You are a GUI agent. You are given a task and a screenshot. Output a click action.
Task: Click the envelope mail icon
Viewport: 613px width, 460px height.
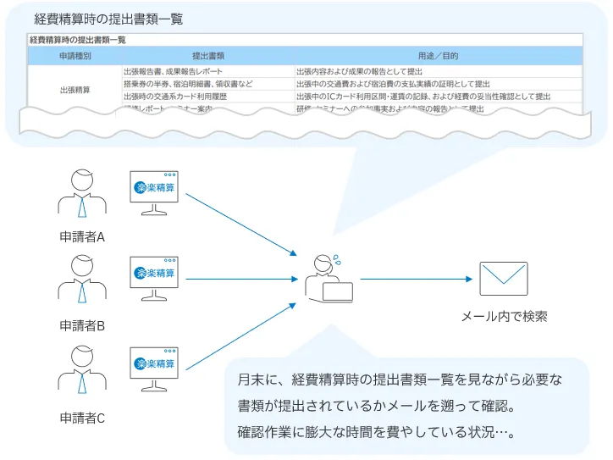tap(504, 278)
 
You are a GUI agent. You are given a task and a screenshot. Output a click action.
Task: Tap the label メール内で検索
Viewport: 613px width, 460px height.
tap(504, 317)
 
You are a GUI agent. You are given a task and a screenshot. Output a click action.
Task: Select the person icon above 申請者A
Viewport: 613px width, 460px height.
tap(82, 195)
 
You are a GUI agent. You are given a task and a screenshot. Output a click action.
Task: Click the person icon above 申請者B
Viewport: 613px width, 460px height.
tap(82, 280)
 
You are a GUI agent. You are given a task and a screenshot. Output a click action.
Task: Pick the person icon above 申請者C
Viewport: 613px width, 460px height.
tap(82, 371)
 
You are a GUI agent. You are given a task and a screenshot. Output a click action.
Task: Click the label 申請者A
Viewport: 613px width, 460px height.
tap(82, 237)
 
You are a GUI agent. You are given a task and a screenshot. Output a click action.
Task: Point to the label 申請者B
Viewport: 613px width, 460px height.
tap(82, 325)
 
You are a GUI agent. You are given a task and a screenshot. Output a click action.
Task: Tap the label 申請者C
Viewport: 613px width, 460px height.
tap(82, 418)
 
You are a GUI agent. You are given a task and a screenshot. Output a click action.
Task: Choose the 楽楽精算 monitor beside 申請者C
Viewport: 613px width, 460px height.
tap(155, 366)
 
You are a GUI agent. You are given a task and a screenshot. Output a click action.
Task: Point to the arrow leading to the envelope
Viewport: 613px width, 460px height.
tap(415, 279)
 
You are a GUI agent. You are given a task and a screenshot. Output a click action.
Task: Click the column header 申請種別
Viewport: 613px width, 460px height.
tap(75, 56)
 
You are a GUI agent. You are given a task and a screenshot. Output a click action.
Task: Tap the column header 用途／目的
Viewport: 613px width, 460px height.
tap(438, 56)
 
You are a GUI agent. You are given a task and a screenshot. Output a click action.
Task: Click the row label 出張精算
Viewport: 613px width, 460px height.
tap(75, 88)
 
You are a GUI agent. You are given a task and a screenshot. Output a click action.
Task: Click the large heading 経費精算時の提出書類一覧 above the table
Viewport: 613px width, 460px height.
tap(108, 19)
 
